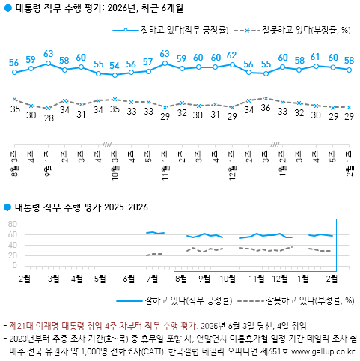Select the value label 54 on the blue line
pyautogui.click(x=115, y=65)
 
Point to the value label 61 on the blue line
pyautogui.click(x=316, y=56)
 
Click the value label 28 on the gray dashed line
pyautogui.click(x=48, y=118)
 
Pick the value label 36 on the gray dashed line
pyautogui.click(x=266, y=109)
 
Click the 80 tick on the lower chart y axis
pyautogui.click(x=12, y=224)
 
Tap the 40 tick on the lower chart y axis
pyautogui.click(x=12, y=244)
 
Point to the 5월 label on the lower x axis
pyautogui.click(x=100, y=279)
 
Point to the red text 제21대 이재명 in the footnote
pyautogui.click(x=34, y=326)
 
